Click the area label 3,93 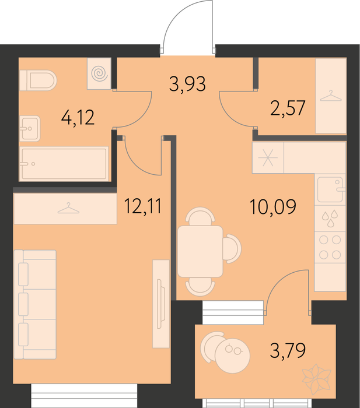(x=187, y=84)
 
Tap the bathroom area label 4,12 (x=78, y=118)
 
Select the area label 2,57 (x=288, y=108)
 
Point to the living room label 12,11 (x=143, y=206)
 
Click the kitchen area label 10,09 (x=272, y=207)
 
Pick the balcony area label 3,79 (x=288, y=350)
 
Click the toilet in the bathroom (x=38, y=80)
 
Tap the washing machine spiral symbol (x=100, y=73)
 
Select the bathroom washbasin (x=30, y=129)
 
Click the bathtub (x=64, y=164)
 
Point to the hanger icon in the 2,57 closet (x=331, y=96)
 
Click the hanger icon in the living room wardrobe (x=68, y=208)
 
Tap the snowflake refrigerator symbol (x=268, y=158)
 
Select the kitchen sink (x=330, y=189)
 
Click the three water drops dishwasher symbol (x=330, y=219)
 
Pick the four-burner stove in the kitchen (x=330, y=247)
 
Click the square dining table (x=200, y=251)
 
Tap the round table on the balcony (x=232, y=356)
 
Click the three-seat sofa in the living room (x=35, y=304)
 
